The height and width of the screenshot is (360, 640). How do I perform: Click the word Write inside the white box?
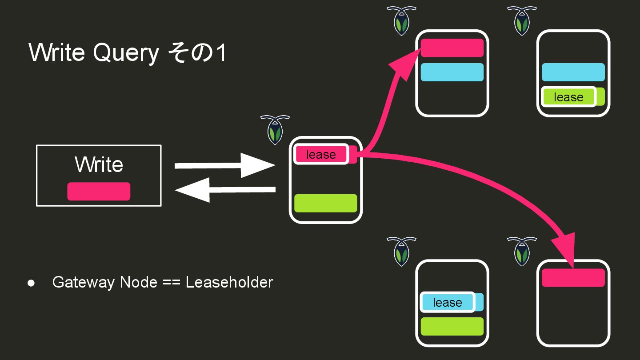point(99,164)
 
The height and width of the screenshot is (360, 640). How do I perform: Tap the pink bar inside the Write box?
point(99,192)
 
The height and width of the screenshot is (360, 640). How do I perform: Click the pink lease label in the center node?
point(321,154)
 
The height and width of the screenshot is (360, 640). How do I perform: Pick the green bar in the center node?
point(326,203)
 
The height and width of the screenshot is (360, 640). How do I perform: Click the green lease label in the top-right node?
point(568,97)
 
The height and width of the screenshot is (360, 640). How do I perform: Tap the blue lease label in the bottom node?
point(447,302)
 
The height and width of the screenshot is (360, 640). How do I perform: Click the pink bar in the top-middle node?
point(452,48)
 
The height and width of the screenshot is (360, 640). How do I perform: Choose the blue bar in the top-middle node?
point(452,72)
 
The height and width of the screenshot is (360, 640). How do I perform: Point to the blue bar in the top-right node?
point(573,72)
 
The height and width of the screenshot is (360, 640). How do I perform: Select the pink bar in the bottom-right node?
point(573,278)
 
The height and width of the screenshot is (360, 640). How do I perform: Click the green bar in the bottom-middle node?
point(452,326)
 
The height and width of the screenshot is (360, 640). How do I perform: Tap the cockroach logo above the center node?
point(275,129)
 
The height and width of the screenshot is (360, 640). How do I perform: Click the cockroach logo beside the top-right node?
point(522,20)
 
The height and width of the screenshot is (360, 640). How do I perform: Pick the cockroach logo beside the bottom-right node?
point(522,251)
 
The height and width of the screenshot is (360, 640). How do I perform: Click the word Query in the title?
point(126,53)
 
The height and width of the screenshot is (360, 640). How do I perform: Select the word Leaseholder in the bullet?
point(229,282)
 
